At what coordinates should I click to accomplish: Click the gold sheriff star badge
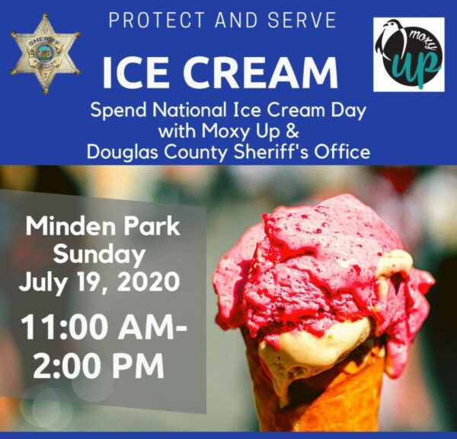click(x=46, y=54)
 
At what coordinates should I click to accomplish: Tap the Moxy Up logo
click(x=409, y=55)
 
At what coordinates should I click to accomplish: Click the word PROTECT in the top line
click(x=156, y=20)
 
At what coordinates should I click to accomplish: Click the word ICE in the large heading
click(x=136, y=73)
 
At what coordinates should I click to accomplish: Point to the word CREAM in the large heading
click(x=260, y=73)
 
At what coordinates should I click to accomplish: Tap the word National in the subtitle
click(x=190, y=110)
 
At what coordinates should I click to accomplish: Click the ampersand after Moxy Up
click(x=293, y=131)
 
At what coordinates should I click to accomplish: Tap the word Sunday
click(x=99, y=256)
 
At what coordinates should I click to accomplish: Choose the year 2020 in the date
click(x=149, y=282)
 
